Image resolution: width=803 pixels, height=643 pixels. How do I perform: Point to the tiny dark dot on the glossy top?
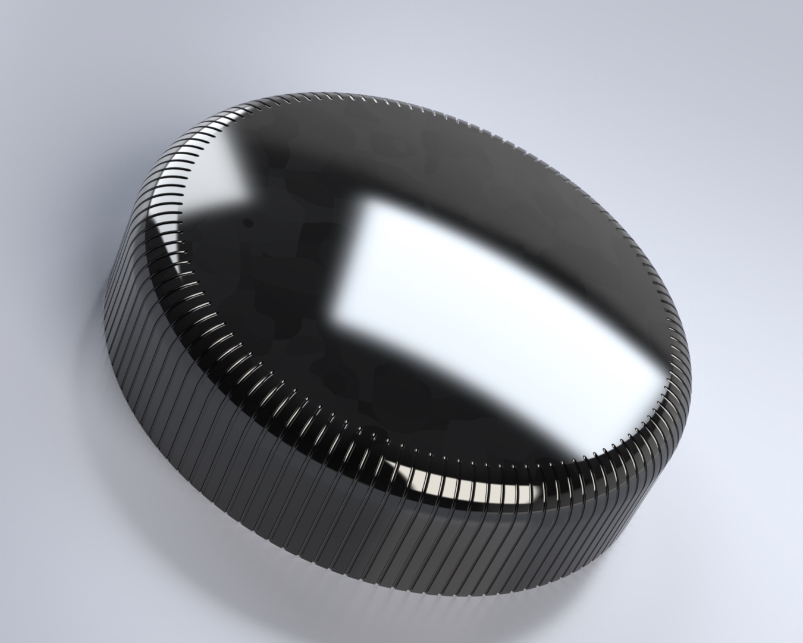point(247,224)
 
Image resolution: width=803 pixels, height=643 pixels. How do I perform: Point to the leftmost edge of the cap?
point(105,310)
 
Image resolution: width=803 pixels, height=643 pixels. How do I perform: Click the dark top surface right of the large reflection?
point(595,238)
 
